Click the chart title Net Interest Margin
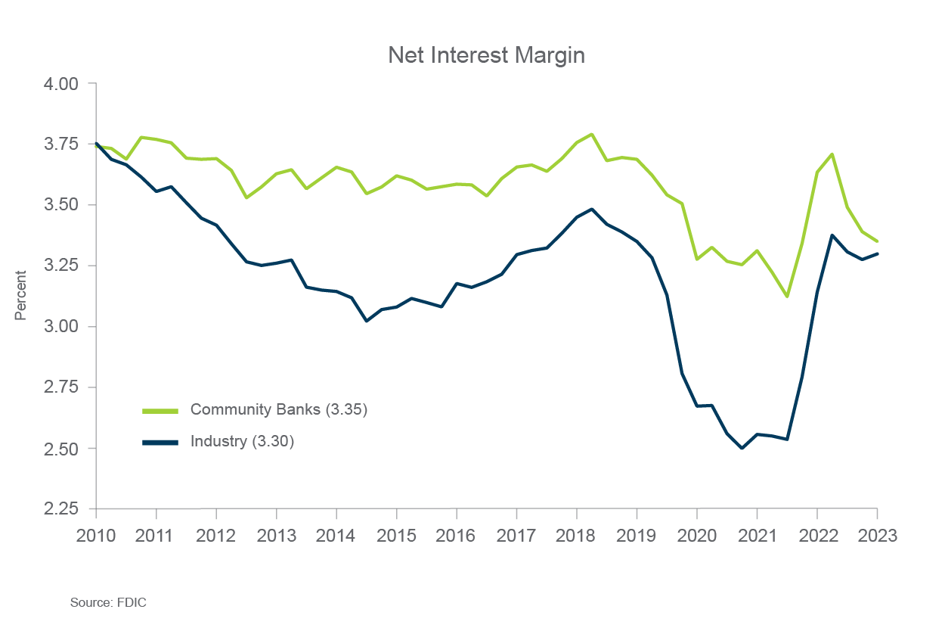point(486,56)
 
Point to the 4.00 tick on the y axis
point(60,83)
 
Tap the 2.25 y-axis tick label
point(60,509)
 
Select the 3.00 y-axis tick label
point(60,327)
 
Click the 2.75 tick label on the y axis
point(60,387)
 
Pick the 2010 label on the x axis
point(96,535)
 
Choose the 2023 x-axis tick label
point(877,535)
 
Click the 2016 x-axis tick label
point(457,535)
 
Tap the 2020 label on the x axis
point(696,535)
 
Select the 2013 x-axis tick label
point(276,535)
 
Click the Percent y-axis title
point(20,296)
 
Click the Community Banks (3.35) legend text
point(278,410)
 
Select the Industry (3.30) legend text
point(241,441)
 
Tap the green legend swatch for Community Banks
point(160,411)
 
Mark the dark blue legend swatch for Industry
point(160,442)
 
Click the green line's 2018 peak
point(591,135)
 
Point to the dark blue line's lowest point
point(742,448)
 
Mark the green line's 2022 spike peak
point(832,154)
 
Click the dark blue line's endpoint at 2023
point(877,253)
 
